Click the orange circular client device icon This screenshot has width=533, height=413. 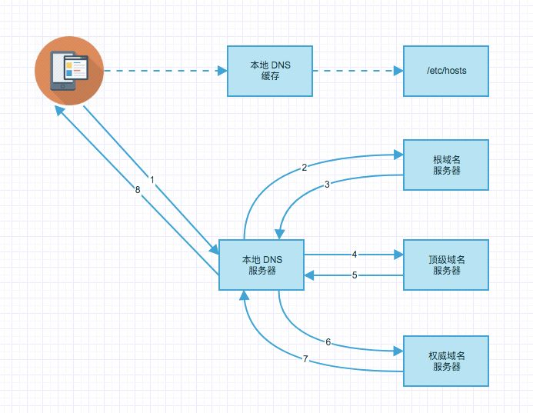point(68,71)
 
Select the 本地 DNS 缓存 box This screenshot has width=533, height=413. point(269,71)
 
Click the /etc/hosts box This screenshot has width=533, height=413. point(446,71)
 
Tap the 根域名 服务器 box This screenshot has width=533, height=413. point(446,165)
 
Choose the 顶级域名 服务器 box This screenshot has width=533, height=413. point(446,265)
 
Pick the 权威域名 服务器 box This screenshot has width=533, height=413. point(446,361)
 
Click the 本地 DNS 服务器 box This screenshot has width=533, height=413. point(262,265)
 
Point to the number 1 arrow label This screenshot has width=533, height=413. point(152,179)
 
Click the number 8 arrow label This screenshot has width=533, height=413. point(138,189)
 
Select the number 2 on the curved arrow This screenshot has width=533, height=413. point(305,167)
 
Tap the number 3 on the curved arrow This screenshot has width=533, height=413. point(327,185)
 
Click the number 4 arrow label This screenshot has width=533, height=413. point(354,254)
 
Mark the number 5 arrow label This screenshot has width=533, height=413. point(354,275)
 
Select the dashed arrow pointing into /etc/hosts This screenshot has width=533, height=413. point(358,71)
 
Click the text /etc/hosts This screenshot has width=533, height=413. point(446,71)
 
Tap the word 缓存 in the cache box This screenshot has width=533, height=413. point(269,76)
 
